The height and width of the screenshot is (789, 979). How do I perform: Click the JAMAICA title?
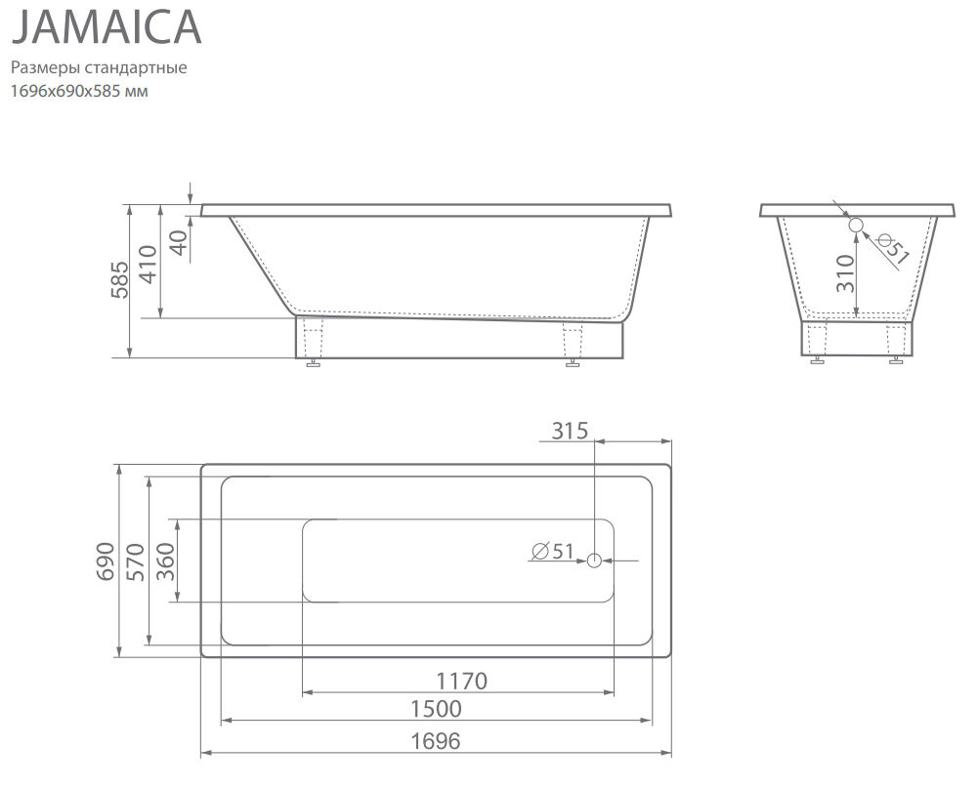(x=106, y=26)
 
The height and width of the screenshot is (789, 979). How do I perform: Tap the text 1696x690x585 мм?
(x=79, y=91)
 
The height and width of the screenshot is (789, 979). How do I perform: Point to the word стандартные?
(x=136, y=67)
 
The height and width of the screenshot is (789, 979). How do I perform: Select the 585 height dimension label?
(x=119, y=279)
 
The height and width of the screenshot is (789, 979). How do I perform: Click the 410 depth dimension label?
(x=148, y=264)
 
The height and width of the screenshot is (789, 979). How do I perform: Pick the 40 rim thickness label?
(x=179, y=243)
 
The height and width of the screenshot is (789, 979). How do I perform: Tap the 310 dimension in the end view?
(x=845, y=273)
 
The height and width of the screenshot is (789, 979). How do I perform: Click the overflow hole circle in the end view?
(x=855, y=225)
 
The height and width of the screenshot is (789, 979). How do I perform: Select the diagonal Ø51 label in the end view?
(x=892, y=248)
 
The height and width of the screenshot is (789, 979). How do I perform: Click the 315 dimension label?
(x=570, y=431)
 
